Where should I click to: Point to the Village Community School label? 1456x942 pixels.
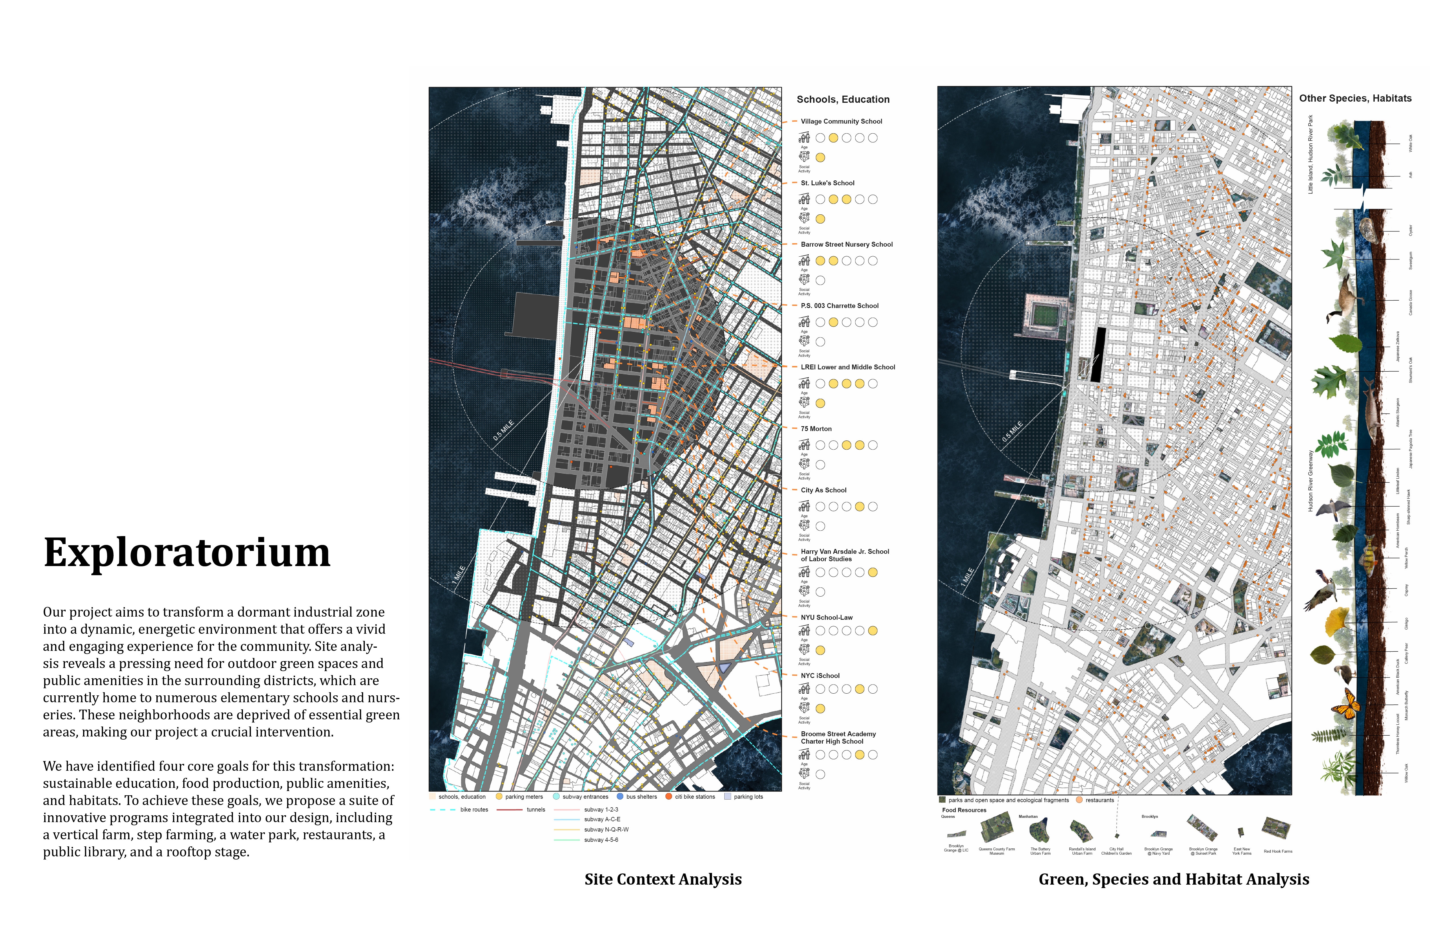pyautogui.click(x=841, y=121)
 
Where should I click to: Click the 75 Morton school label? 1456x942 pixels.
pyautogui.click(x=816, y=429)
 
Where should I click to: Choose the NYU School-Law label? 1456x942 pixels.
pyautogui.click(x=826, y=617)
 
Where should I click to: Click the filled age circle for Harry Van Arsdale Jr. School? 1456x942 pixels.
pyautogui.click(x=872, y=573)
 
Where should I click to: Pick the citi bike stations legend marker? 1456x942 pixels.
pyautogui.click(x=669, y=796)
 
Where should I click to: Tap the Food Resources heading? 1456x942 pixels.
pyautogui.click(x=964, y=810)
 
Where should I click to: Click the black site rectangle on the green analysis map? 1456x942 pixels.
pyautogui.click(x=1099, y=355)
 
